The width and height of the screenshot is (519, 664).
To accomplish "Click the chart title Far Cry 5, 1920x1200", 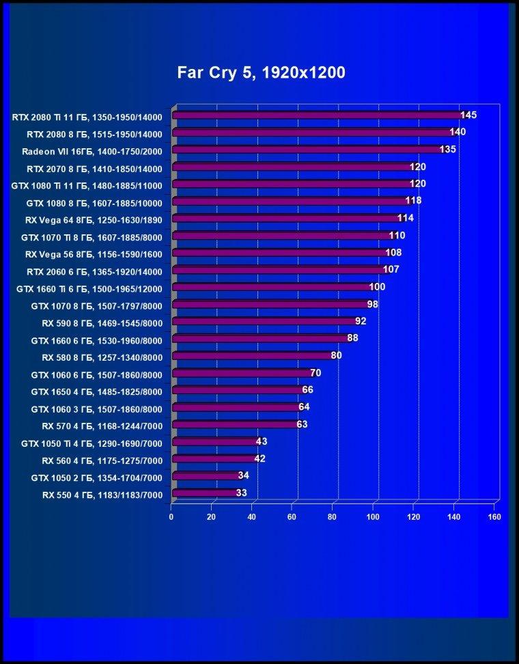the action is [261, 73].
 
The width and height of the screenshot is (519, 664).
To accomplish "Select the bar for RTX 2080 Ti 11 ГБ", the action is [319, 115].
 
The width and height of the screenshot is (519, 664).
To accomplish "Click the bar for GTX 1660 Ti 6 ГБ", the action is [273, 287].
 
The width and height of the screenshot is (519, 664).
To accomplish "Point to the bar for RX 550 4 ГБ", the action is [206, 493].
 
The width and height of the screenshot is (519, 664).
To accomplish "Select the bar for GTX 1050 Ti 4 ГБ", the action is [216, 442].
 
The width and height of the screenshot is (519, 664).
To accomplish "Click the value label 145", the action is [468, 115].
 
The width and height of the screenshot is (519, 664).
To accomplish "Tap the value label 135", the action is [448, 150].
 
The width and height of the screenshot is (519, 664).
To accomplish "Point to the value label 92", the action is [361, 322].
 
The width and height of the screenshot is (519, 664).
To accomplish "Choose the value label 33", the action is [241, 493].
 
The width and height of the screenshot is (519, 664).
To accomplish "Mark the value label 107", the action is [391, 270].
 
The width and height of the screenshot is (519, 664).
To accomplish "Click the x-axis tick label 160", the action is [494, 517].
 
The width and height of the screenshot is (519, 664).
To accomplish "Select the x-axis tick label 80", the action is [333, 517].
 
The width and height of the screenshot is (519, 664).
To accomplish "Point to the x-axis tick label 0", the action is [171, 517].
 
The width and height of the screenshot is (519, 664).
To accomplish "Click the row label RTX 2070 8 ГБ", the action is [94, 169].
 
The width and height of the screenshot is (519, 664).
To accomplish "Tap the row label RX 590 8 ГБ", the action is [102, 324].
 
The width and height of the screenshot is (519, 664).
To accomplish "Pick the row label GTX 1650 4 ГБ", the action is [96, 392].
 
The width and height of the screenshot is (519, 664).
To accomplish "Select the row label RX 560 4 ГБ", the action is [102, 460].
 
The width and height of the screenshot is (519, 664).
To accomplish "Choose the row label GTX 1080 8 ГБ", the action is [94, 204].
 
